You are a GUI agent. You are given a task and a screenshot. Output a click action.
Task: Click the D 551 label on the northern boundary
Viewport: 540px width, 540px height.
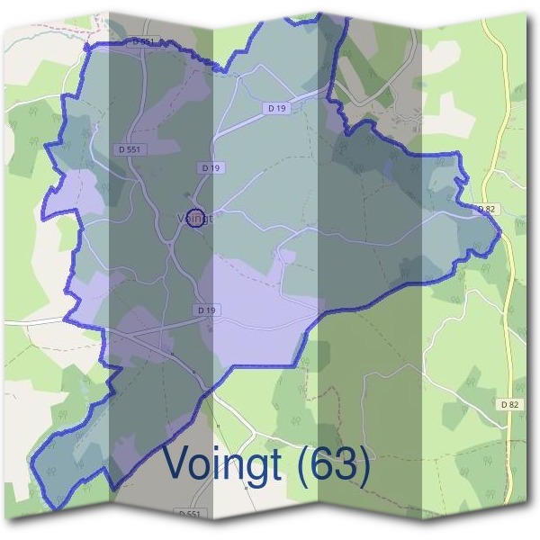[144, 41]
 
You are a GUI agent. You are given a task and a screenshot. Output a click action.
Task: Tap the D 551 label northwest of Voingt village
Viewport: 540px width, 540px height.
[128, 148]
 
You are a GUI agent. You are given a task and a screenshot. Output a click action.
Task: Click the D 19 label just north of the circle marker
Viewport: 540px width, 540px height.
[211, 167]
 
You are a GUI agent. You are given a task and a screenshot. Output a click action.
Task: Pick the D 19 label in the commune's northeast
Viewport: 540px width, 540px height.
[276, 108]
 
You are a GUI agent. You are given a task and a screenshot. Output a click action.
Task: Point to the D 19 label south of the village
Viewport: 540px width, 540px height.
[207, 310]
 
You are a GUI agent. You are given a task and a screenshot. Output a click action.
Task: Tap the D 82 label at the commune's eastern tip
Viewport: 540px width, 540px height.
[486, 209]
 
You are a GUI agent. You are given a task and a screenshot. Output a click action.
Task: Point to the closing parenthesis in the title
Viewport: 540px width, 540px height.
[364, 465]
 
